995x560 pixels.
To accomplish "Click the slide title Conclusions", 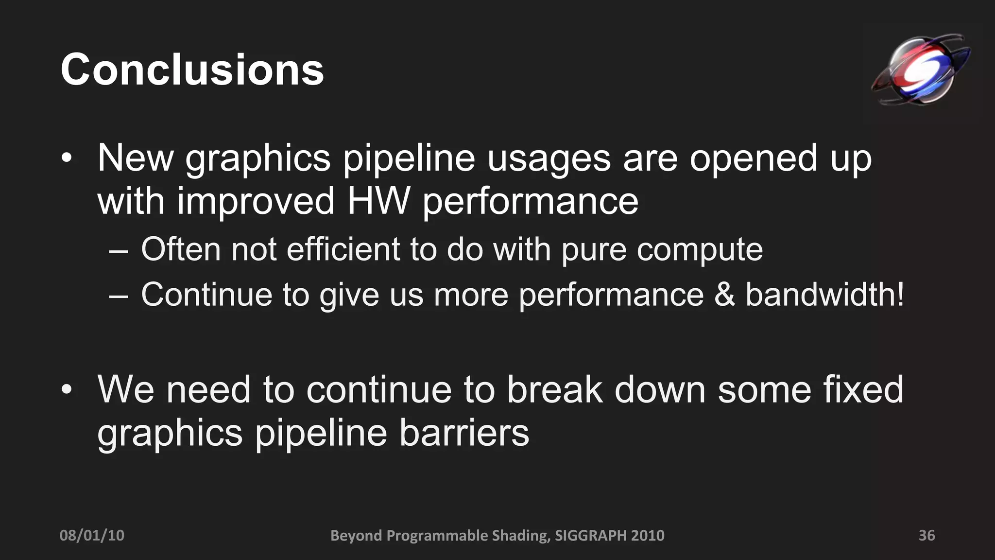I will (x=192, y=70).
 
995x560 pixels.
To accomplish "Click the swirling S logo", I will (x=920, y=70).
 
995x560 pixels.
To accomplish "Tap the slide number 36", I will (x=926, y=535).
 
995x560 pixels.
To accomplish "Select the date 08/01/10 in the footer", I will (x=92, y=535).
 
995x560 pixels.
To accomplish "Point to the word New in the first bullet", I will (x=136, y=157).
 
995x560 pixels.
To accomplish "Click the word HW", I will (x=378, y=201).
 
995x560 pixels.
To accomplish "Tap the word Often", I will (x=181, y=249).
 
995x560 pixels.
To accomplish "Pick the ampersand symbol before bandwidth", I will (x=724, y=295).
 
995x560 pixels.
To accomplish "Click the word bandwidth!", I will (x=824, y=295).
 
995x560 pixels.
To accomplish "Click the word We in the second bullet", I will (x=126, y=389).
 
